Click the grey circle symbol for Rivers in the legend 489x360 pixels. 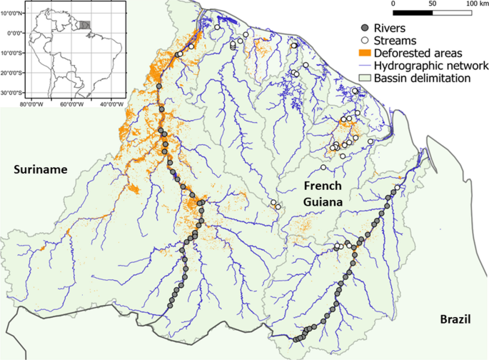(x=364, y=28)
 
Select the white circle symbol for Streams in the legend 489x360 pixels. (x=364, y=40)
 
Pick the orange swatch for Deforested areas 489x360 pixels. (x=364, y=53)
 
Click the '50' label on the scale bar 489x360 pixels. (x=432, y=4)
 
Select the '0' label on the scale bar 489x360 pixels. (x=394, y=4)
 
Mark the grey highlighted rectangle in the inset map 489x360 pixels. (x=85, y=25)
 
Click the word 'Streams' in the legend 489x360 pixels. (x=395, y=40)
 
